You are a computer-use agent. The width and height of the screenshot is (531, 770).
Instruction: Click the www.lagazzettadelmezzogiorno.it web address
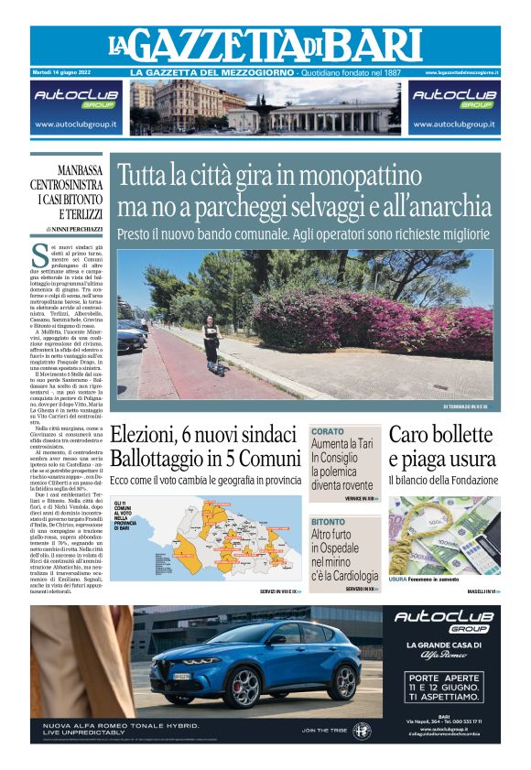[x=462, y=72]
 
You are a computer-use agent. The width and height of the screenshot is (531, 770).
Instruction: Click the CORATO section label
[x=327, y=430]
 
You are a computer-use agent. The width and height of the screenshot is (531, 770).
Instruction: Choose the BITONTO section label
[x=329, y=521]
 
